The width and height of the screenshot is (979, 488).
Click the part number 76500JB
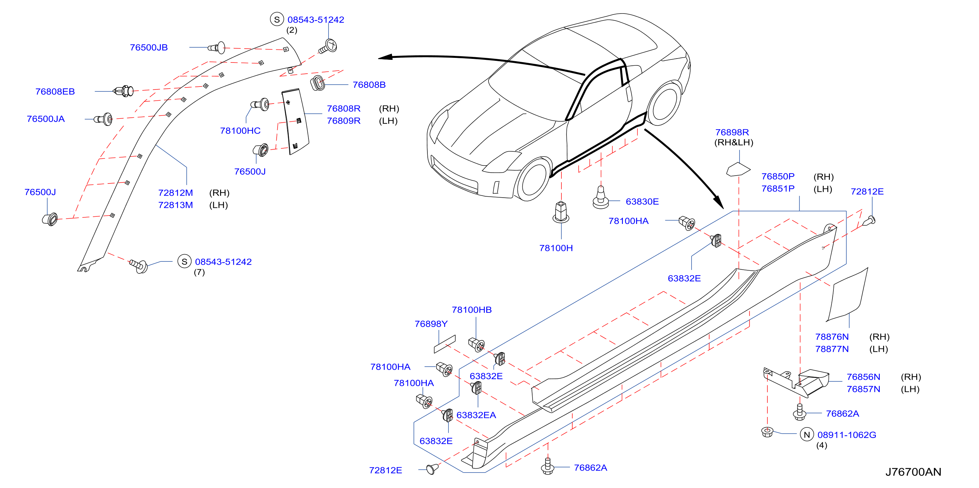coord(148,48)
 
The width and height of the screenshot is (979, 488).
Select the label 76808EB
coord(55,92)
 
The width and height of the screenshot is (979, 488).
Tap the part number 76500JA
coord(46,119)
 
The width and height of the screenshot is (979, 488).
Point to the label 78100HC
coord(240,131)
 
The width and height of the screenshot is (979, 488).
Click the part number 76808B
coord(369,85)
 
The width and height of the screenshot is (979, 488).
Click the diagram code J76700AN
coord(913,472)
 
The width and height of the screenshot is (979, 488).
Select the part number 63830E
coord(642,202)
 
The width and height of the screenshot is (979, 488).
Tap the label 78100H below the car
coord(556,248)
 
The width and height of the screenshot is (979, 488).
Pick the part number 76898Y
coord(431,324)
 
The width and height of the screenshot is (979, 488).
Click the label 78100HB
coord(472,310)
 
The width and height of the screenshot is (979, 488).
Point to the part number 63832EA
coord(476,415)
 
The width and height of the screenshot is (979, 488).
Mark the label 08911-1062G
coord(847,435)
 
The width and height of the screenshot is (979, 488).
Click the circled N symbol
coord(807,435)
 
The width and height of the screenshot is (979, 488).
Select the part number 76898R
coord(732,133)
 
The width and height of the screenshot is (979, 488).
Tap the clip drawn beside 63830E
coord(601,197)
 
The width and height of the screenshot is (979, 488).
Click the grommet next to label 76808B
coord(318,83)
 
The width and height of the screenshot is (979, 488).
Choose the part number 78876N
coord(832,337)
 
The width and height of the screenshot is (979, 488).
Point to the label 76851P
coord(778,189)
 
